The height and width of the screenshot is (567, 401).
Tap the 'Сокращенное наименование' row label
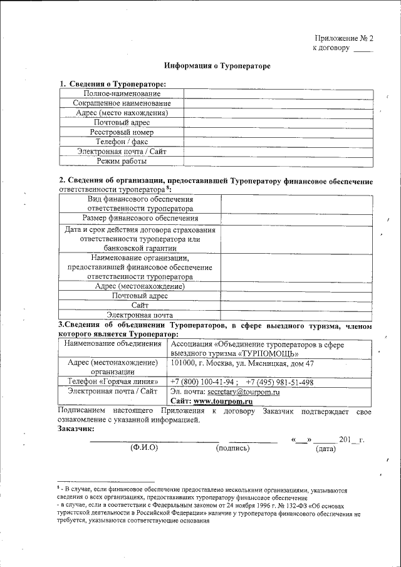pyautogui.click(x=122, y=103)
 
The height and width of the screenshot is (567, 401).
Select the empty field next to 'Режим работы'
pyautogui.click(x=278, y=161)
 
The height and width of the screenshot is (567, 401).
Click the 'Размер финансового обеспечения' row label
pyautogui.click(x=140, y=217)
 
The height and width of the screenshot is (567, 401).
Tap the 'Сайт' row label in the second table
pyautogui.click(x=140, y=304)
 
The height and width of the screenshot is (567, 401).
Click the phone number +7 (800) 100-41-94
pyautogui.click(x=203, y=382)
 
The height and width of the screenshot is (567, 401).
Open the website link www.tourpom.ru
pyautogui.click(x=222, y=401)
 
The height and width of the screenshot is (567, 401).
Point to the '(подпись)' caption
pyautogui.click(x=232, y=449)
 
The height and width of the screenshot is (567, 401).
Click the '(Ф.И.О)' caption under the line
pyautogui.click(x=143, y=449)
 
